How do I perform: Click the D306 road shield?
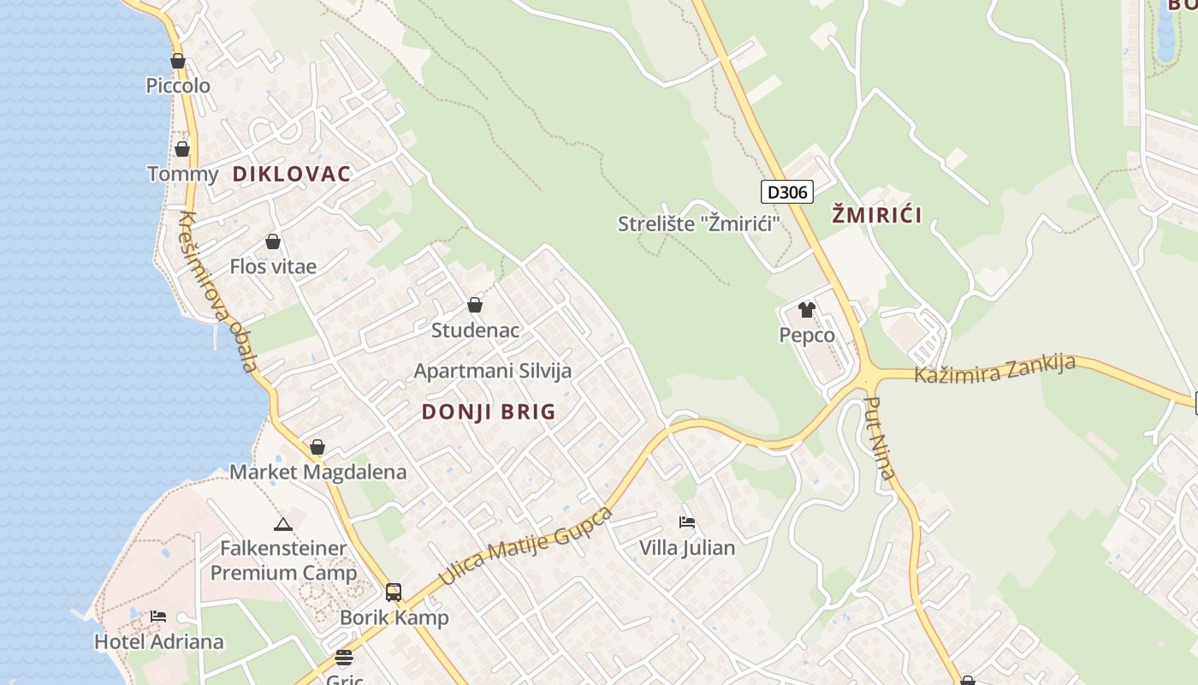(x=786, y=192)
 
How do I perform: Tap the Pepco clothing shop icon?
(x=806, y=310)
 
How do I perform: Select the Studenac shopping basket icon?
(x=475, y=305)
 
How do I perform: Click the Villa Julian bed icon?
(x=686, y=521)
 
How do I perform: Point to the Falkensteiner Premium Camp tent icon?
(x=283, y=524)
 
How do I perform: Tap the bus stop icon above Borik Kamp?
(x=393, y=592)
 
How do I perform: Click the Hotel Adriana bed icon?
(x=158, y=616)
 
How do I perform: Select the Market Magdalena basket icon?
(x=317, y=447)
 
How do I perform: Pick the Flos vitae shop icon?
(x=273, y=242)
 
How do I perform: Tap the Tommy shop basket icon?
(x=182, y=150)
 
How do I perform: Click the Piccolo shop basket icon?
(x=178, y=62)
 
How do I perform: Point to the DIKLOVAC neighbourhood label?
(x=292, y=175)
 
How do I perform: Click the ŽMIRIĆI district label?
(x=877, y=215)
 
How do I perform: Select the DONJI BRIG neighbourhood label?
(x=489, y=412)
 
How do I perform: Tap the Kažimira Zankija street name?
(x=994, y=369)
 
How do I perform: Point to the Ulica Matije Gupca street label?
(x=526, y=546)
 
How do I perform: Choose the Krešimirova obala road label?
(x=217, y=292)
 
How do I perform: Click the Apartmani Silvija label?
(x=493, y=371)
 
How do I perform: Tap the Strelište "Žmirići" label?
(x=700, y=224)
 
